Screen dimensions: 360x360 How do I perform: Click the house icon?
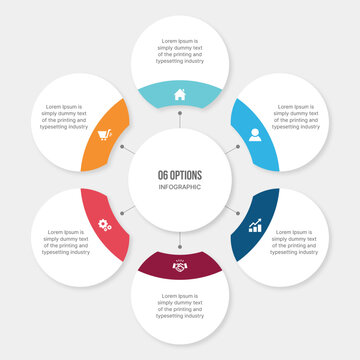tap(180, 96)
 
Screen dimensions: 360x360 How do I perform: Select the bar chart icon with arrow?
tap(255, 226)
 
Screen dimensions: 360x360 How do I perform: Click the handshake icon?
tap(180, 266)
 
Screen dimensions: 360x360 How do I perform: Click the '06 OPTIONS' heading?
tap(180, 173)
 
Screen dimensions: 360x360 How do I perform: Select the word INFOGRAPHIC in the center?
tap(180, 187)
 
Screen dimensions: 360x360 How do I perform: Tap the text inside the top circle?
tap(180, 50)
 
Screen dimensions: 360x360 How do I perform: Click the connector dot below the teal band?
tap(180, 125)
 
